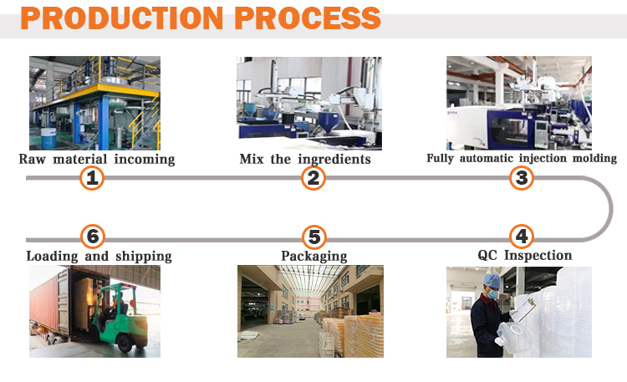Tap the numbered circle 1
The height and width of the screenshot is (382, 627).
click(92, 177)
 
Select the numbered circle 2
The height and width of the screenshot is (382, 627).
click(313, 177)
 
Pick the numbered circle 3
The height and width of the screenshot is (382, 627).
click(522, 177)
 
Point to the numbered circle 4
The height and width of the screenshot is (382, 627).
click(522, 237)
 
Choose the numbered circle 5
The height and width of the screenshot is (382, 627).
click(313, 237)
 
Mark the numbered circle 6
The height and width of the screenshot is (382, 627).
click(92, 237)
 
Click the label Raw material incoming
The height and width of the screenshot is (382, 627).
click(97, 159)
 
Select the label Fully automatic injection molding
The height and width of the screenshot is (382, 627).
click(522, 158)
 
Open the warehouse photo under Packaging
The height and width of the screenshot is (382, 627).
click(310, 312)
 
